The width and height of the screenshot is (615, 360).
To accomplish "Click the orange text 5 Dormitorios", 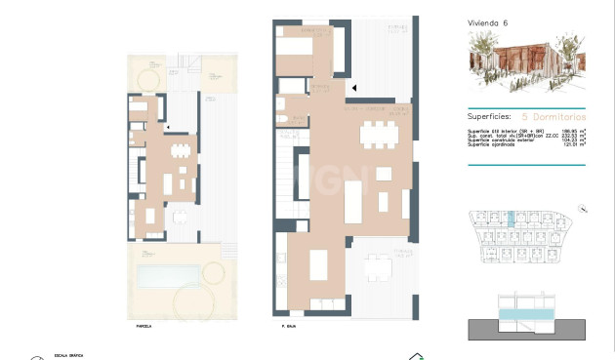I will click(553, 114).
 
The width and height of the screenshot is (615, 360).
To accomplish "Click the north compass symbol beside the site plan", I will click(582, 208).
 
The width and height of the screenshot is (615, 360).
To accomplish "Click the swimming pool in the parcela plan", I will click(168, 276).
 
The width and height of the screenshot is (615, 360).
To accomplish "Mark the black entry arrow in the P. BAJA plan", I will click(354, 88).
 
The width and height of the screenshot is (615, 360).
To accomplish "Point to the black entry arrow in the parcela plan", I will click(169, 127).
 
